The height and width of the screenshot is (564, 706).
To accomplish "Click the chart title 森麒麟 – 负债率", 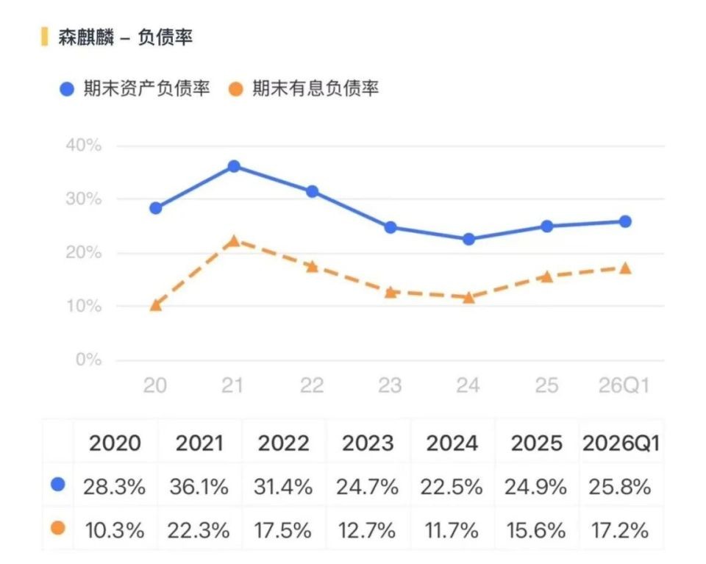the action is (x=125, y=37).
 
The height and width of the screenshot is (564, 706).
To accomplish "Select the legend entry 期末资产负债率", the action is (x=135, y=89).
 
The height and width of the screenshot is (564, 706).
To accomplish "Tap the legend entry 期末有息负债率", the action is (x=304, y=89).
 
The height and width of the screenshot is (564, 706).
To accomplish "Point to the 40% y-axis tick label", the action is (x=84, y=146).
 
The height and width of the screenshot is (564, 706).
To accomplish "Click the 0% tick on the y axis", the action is (x=89, y=360).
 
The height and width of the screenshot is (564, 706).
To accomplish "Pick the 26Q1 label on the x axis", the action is (x=624, y=385).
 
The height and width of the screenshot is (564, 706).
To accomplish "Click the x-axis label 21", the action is (x=232, y=385).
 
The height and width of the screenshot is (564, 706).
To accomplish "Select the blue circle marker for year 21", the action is (x=234, y=166).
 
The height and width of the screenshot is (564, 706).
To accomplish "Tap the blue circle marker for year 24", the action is (x=468, y=239).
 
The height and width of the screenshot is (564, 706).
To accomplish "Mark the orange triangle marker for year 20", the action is (x=156, y=305).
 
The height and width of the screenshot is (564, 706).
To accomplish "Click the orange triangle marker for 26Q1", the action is (x=625, y=268).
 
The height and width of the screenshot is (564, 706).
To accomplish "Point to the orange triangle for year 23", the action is (x=391, y=293).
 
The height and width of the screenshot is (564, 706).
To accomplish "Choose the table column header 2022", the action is (x=284, y=443).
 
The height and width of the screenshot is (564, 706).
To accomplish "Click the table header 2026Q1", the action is (x=621, y=443).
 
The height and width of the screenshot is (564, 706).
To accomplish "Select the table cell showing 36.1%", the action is (x=199, y=487).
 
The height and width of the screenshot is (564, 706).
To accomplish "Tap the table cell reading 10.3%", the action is (x=115, y=529).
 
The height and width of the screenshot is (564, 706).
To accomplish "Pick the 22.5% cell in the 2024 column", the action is (x=452, y=487).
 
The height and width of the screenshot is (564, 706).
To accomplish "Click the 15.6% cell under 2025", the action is (x=536, y=529).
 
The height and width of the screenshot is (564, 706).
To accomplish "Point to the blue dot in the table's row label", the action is (x=58, y=485).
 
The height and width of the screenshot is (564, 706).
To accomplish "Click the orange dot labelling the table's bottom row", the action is (x=58, y=527).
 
